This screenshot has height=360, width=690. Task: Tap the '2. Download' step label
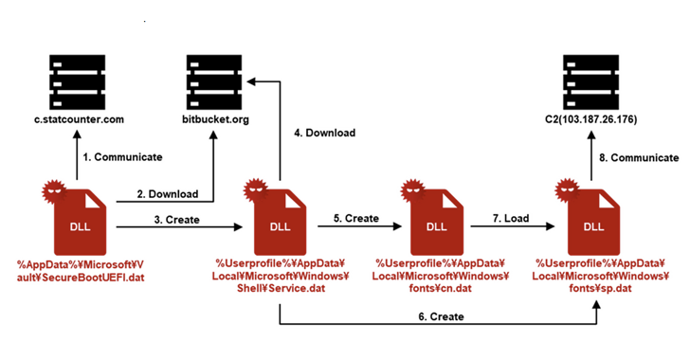tap(167, 194)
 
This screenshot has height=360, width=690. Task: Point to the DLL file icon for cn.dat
tap(438, 218)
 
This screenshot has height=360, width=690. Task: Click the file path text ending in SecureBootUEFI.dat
tap(81, 269)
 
